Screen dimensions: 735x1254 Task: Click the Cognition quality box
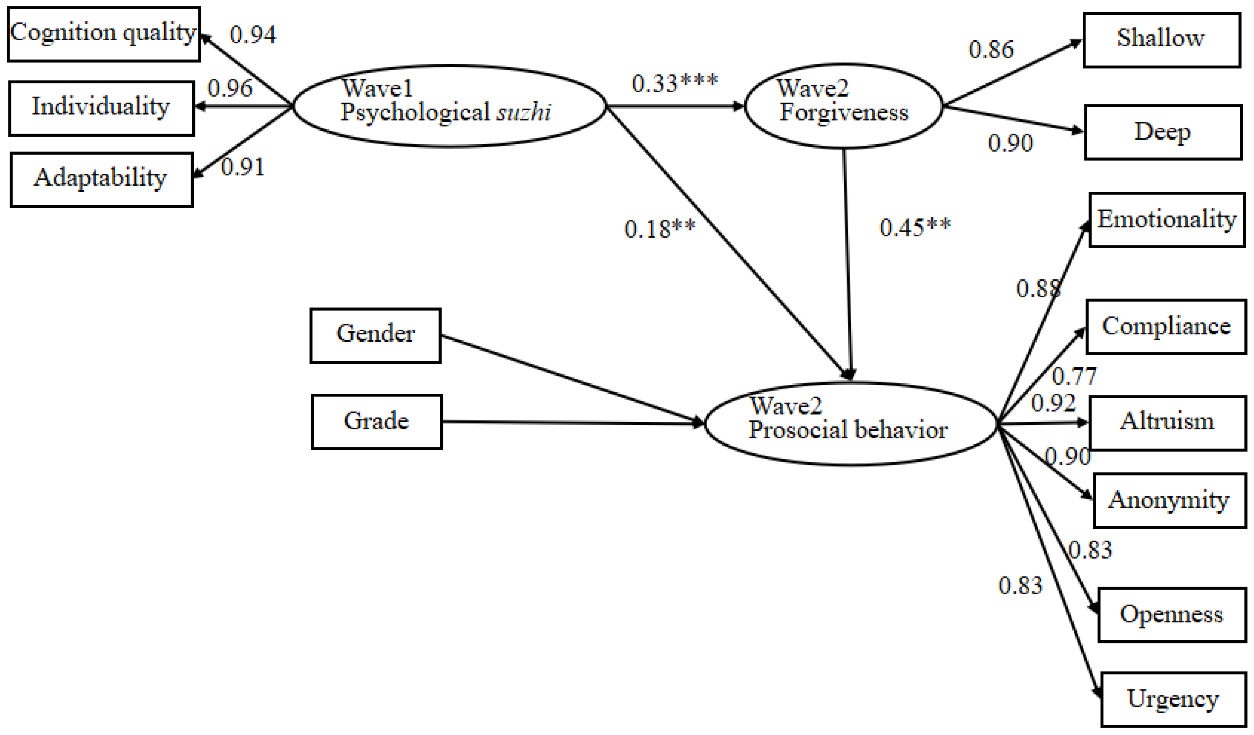pos(104,34)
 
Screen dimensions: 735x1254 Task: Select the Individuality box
pos(102,108)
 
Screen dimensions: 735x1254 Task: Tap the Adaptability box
pos(102,179)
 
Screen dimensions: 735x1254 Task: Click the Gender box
pos(375,335)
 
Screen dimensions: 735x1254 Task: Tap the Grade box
pos(377,421)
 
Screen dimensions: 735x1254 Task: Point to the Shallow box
pos(1161,40)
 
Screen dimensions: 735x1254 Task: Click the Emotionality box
pos(1166,219)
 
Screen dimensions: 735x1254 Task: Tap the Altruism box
pos(1167,423)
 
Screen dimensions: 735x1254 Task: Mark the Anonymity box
pos(1169,500)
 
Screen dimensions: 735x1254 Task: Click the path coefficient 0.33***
pos(674,83)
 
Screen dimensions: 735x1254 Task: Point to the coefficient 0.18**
pos(659,229)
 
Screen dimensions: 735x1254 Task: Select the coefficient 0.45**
pos(915,227)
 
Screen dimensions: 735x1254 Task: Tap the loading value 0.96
pos(230,88)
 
